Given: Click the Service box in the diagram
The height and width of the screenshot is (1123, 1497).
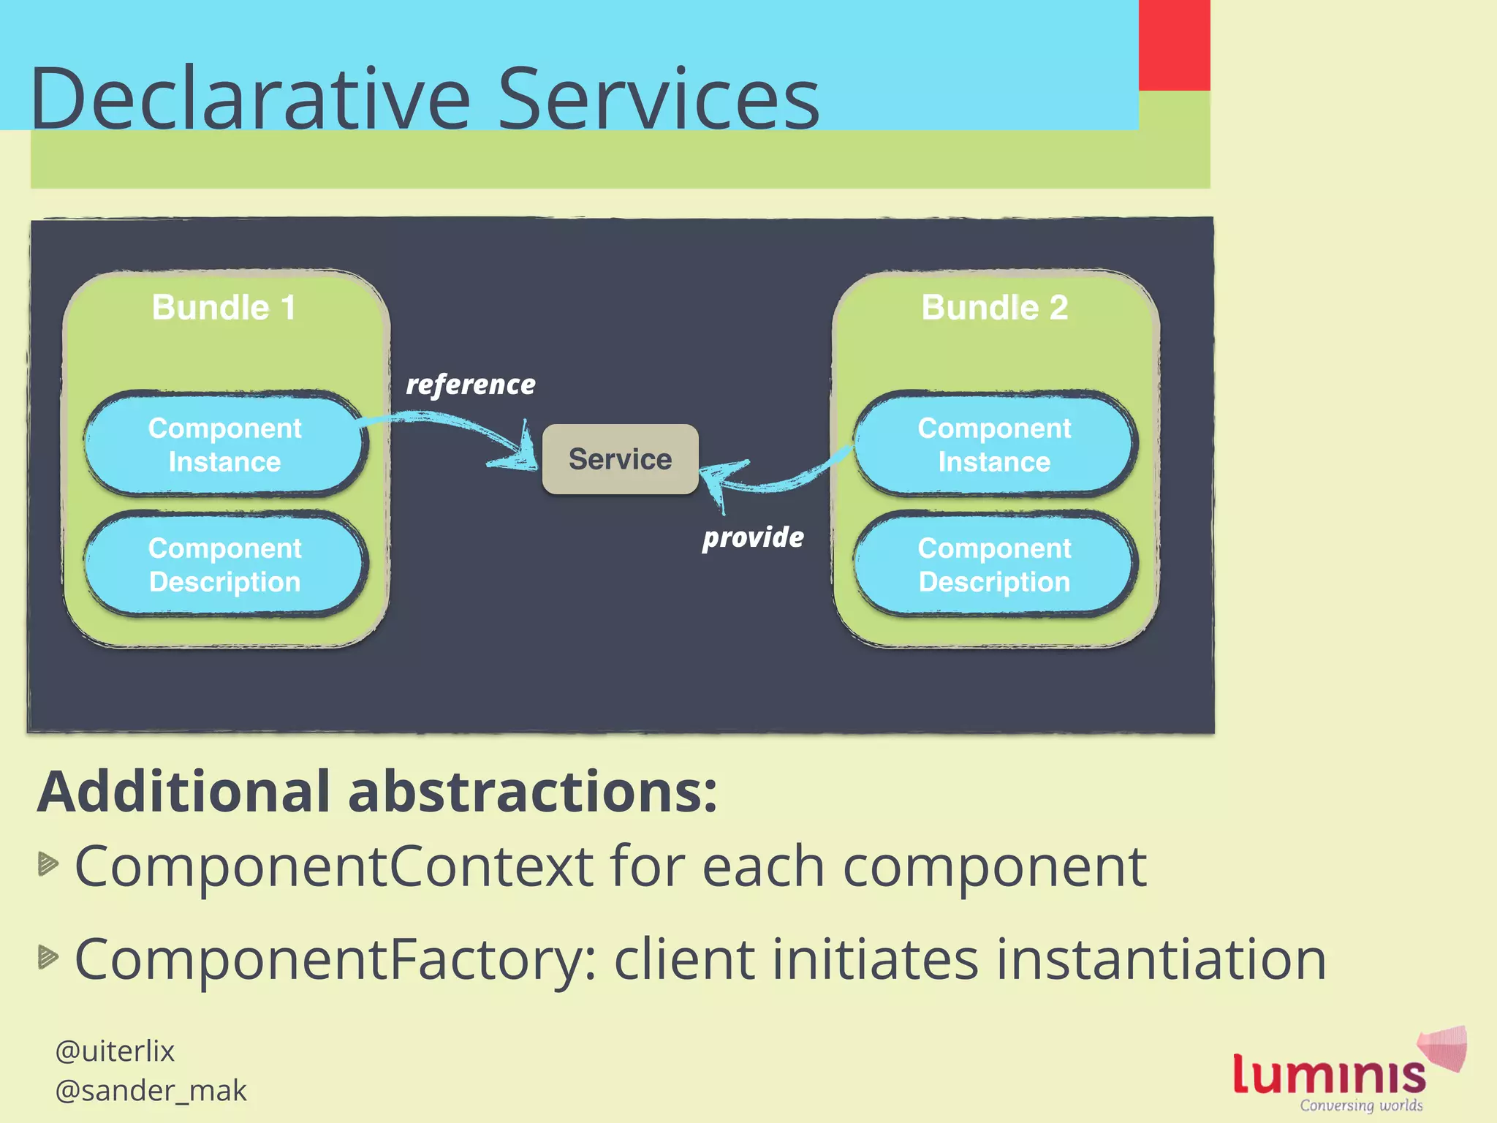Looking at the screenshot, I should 620,459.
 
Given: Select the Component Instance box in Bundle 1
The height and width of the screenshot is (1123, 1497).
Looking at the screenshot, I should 224,445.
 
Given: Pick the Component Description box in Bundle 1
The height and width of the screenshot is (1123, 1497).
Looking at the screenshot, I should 224,564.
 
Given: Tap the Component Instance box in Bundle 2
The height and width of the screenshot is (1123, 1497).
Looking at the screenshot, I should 994,445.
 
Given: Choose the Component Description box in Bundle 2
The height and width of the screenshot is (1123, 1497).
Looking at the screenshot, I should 994,564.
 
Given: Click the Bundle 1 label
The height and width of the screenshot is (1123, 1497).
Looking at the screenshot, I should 224,307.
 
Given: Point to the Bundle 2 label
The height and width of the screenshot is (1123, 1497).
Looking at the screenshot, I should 994,307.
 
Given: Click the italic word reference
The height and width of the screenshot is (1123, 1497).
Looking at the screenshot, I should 471,385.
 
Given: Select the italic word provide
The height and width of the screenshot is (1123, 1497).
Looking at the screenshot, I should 753,537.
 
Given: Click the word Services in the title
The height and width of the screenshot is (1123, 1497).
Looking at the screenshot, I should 658,99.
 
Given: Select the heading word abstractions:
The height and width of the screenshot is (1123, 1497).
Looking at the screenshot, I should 532,792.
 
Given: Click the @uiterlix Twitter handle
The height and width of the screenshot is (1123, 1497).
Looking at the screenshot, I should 115,1051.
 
